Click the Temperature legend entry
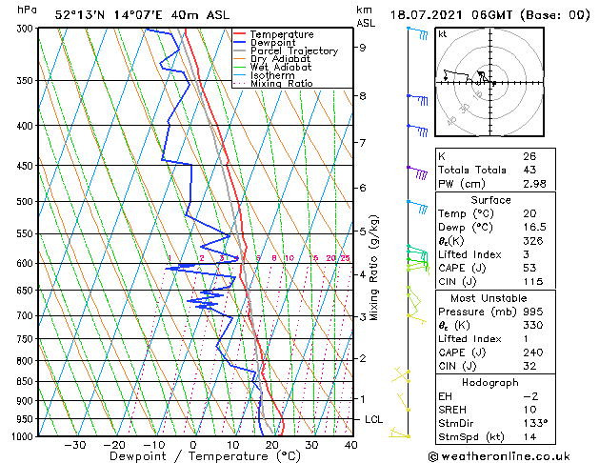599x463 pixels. [275, 34]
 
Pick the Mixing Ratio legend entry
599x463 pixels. [281, 84]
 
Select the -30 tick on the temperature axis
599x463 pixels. [74, 444]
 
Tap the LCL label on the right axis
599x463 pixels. [374, 419]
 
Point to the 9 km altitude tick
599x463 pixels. [363, 47]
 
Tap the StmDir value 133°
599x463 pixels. [533, 423]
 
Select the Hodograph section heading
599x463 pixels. [491, 381]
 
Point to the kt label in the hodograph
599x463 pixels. [442, 34]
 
